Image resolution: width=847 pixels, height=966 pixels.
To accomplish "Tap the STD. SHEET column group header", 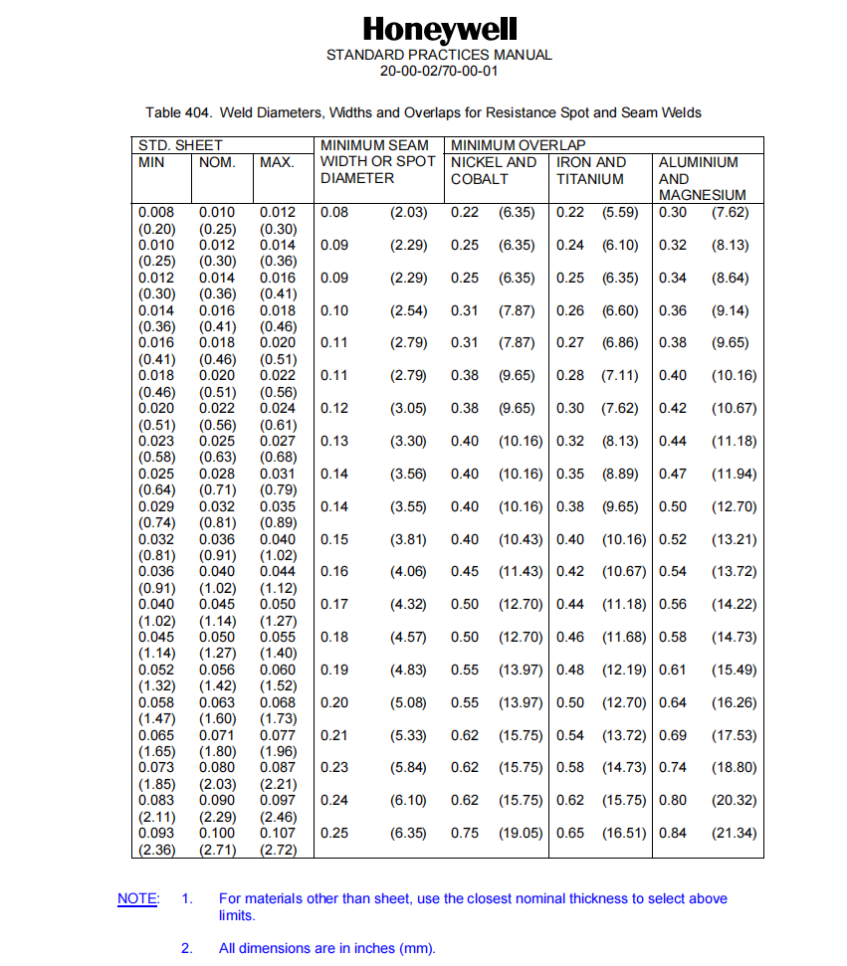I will (180, 145).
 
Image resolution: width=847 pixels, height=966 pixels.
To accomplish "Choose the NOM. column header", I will (217, 162).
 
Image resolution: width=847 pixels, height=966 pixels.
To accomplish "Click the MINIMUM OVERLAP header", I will (519, 145).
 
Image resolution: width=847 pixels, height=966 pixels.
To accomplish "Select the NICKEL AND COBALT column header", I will (494, 170).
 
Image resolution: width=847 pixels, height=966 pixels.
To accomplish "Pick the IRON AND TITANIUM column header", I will (591, 170).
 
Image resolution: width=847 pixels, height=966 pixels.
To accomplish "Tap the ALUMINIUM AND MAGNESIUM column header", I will (703, 178).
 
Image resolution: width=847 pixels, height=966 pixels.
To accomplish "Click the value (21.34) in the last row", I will (734, 833).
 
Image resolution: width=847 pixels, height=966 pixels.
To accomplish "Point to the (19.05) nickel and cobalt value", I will (521, 833).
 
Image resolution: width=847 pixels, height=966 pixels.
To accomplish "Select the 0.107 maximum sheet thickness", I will (278, 833).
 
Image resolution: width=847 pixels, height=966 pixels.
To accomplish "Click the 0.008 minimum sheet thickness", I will (155, 212).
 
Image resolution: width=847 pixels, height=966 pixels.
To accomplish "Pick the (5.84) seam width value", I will (408, 767).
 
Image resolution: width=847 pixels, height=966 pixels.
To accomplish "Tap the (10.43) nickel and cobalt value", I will (521, 539).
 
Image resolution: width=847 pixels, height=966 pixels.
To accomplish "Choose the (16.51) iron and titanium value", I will (624, 833).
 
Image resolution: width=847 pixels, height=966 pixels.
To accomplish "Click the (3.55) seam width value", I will (408, 506).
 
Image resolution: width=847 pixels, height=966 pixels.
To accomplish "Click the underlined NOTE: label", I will (137, 898).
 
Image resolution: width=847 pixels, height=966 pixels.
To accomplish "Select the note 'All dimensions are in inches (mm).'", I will (327, 948).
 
